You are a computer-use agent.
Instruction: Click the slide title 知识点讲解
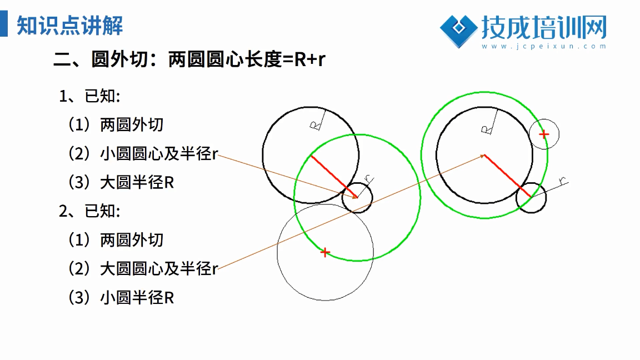(69, 26)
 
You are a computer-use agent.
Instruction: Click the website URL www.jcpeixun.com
(544, 46)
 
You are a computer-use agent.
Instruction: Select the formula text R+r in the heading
(309, 59)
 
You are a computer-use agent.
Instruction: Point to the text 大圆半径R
(137, 182)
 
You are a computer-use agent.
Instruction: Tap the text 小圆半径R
(137, 298)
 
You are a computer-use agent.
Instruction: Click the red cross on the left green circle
(325, 253)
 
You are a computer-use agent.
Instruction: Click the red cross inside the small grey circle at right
(544, 134)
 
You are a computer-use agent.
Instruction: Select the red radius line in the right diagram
(507, 176)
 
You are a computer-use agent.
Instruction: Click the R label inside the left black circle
(314, 126)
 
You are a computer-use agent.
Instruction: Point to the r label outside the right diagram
(563, 181)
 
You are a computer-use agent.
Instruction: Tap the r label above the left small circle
(368, 179)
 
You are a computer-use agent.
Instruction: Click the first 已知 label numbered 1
(90, 96)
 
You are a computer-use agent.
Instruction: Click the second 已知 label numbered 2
(90, 212)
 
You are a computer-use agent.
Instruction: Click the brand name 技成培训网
(544, 27)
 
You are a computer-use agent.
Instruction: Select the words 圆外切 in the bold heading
(119, 59)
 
